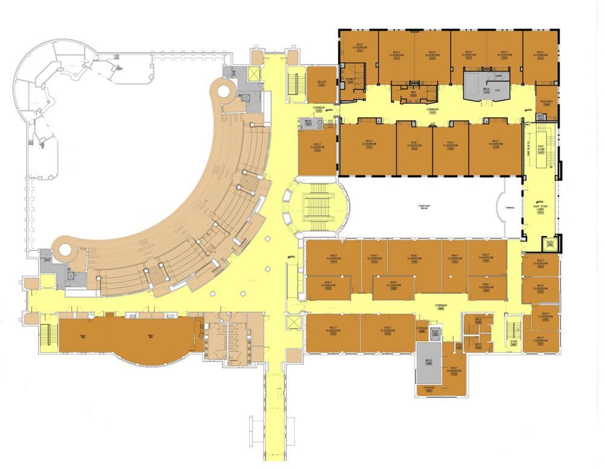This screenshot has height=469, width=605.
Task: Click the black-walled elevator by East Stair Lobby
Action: [x=550, y=243]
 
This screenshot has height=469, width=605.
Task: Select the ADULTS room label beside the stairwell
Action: [x=321, y=82]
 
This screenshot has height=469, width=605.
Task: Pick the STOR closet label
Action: [x=459, y=346]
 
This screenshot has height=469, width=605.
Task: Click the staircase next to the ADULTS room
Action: [x=295, y=84]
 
